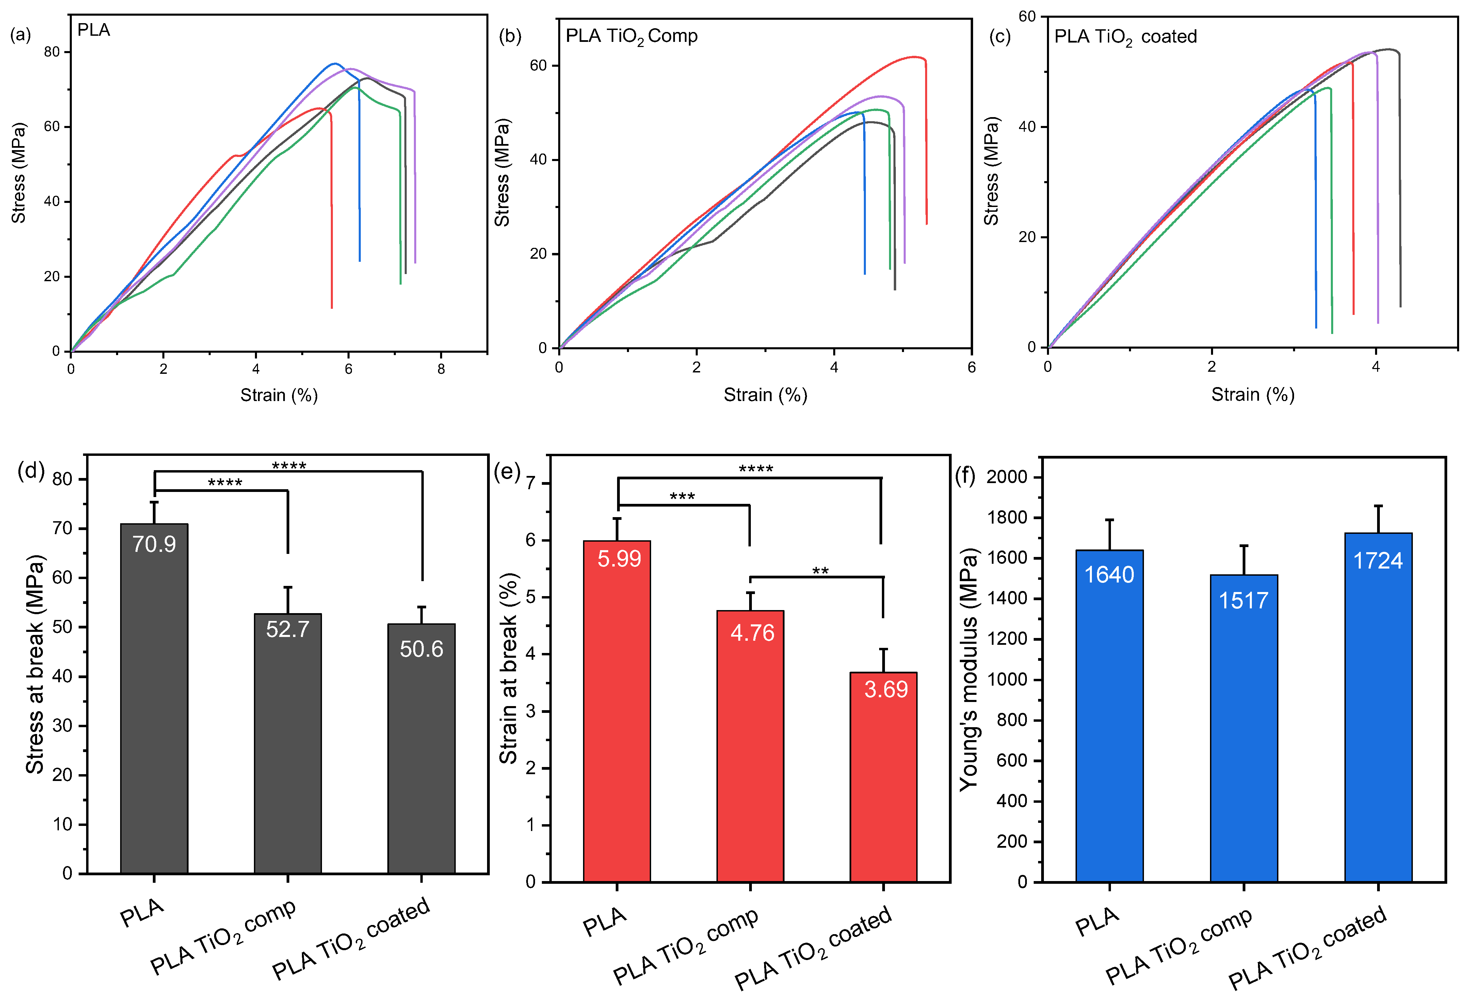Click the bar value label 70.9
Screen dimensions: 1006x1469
click(x=154, y=544)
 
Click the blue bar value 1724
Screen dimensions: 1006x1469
click(x=1378, y=560)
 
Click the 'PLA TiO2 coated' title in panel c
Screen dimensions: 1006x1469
click(x=1125, y=37)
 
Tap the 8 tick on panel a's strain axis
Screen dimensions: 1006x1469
click(x=441, y=369)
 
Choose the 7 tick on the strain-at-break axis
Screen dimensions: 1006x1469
click(x=530, y=483)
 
